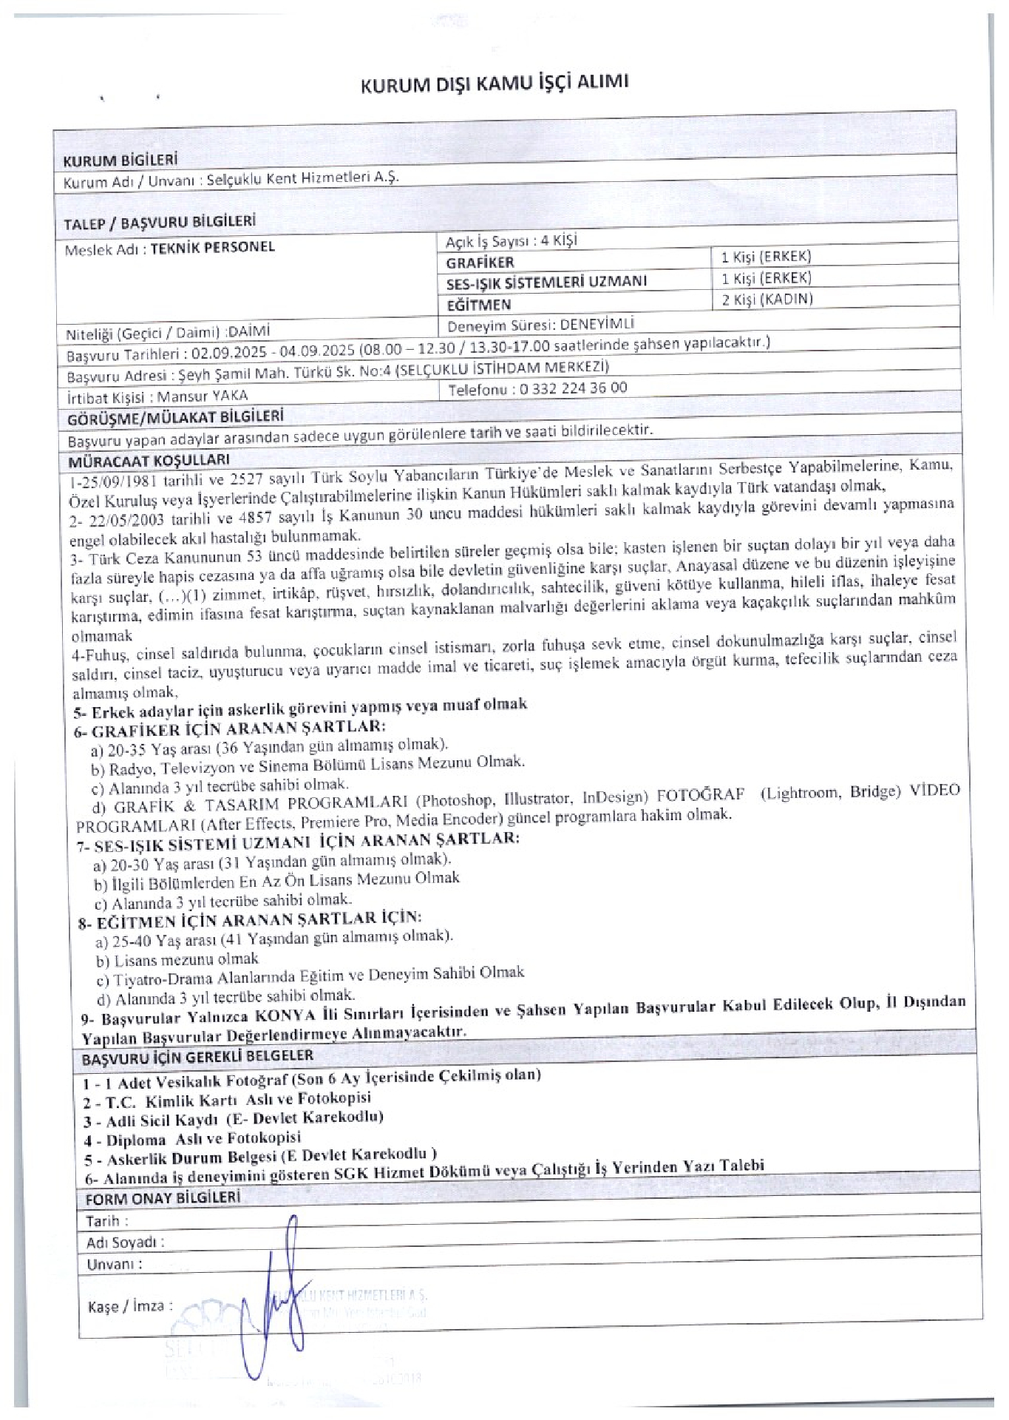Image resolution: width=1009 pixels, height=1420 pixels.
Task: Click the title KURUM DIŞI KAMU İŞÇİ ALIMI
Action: [495, 84]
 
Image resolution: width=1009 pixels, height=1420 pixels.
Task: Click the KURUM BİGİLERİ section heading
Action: [120, 160]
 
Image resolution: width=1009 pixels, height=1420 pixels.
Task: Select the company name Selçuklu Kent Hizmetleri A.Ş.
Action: [302, 178]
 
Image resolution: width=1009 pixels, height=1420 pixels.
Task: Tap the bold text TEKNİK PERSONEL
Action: [213, 247]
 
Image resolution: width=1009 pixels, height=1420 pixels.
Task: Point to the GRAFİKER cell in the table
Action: [480, 263]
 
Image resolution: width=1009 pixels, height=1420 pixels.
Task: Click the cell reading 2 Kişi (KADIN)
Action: [767, 300]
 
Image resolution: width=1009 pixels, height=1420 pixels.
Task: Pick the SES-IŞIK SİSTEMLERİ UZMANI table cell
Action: [546, 282]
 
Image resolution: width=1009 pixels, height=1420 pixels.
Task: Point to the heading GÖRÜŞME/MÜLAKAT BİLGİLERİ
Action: [175, 418]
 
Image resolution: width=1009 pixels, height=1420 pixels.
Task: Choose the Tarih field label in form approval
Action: [107, 1220]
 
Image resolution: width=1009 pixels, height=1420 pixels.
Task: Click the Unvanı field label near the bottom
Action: [115, 1264]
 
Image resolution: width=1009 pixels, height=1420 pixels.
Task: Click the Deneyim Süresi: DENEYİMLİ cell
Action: [541, 325]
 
